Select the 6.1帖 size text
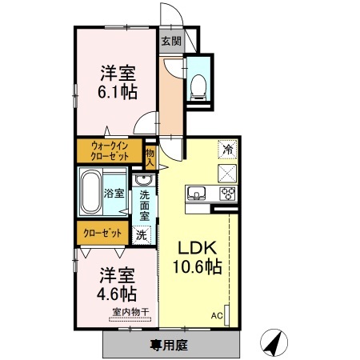pyautogui.click(x=118, y=91)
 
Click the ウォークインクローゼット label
pyautogui.click(x=110, y=150)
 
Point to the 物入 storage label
pyautogui.click(x=150, y=151)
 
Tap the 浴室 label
pyautogui.click(x=114, y=193)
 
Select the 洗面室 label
pyautogui.click(x=144, y=205)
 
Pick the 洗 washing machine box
pyautogui.click(x=142, y=235)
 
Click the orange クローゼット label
pyautogui.click(x=103, y=234)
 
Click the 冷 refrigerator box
pyautogui.click(x=227, y=149)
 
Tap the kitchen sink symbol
pyautogui.click(x=197, y=194)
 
